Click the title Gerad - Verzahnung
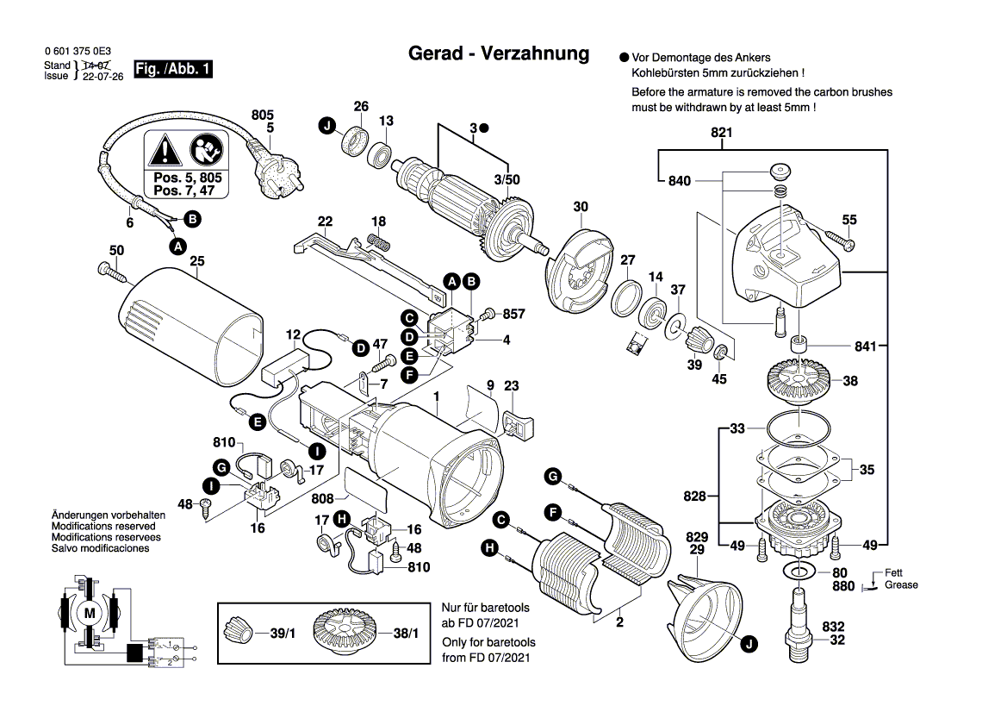[x=498, y=53]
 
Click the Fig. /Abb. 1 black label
[x=173, y=69]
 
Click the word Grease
[x=901, y=585]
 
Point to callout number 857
[x=513, y=315]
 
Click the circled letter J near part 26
[x=326, y=127]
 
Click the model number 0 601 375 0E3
[x=78, y=52]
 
